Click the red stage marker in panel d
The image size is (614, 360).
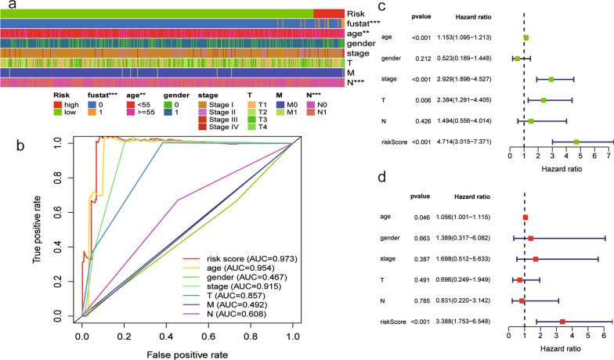point(536,258)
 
